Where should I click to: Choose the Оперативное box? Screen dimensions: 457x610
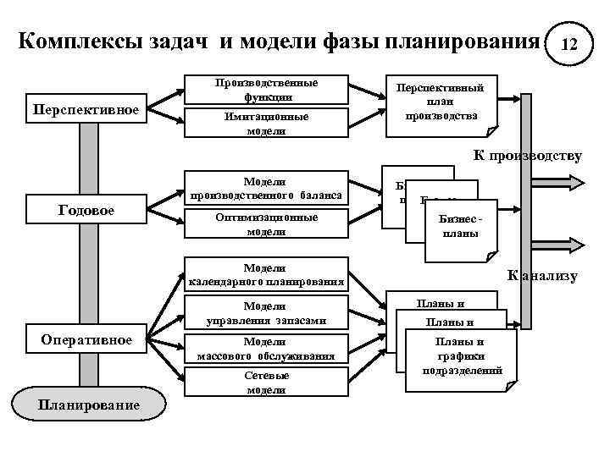[x=87, y=339]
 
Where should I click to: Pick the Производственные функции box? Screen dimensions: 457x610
[x=266, y=91]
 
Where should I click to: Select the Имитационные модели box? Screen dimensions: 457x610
[x=266, y=124]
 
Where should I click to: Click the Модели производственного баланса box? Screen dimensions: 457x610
[x=266, y=190]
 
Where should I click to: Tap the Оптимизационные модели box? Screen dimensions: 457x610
[x=266, y=224]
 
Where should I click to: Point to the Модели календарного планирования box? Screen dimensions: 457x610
[x=266, y=274]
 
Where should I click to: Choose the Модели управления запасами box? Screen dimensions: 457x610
[x=266, y=312]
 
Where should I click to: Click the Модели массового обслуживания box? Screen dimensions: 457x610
[x=266, y=348]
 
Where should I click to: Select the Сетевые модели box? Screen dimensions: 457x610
[x=266, y=383]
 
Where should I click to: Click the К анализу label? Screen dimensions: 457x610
[x=542, y=275]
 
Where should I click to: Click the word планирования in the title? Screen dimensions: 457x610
[x=463, y=41]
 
